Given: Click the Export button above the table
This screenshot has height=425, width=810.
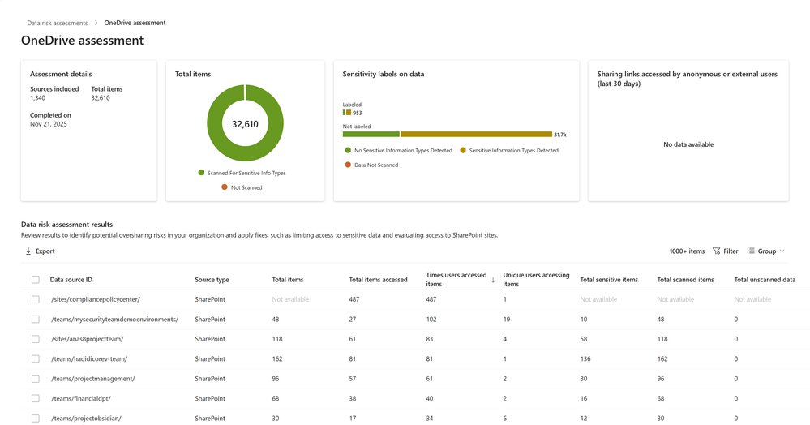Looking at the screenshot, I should tap(40, 251).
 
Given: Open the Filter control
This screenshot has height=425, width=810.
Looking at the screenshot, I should tap(726, 251).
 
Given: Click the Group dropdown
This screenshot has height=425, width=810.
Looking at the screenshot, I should tap(765, 251).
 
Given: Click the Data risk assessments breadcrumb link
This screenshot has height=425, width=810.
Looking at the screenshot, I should tap(58, 23).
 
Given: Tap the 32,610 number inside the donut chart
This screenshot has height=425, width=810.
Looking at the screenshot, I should tap(245, 124).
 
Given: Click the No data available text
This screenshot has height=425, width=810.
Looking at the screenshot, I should tap(688, 144).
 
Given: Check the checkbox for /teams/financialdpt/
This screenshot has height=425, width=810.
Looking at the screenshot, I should tap(35, 398).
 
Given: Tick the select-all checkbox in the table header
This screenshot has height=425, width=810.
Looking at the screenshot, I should tap(35, 280).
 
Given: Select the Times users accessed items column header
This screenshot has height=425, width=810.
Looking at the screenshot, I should tap(456, 280).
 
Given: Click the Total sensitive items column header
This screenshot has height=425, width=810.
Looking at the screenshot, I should tap(609, 280).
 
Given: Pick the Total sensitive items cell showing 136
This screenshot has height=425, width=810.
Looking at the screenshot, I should tap(586, 358).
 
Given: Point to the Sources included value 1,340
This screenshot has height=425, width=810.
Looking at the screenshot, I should tap(39, 98).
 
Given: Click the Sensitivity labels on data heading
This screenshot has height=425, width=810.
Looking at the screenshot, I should tap(384, 74).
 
